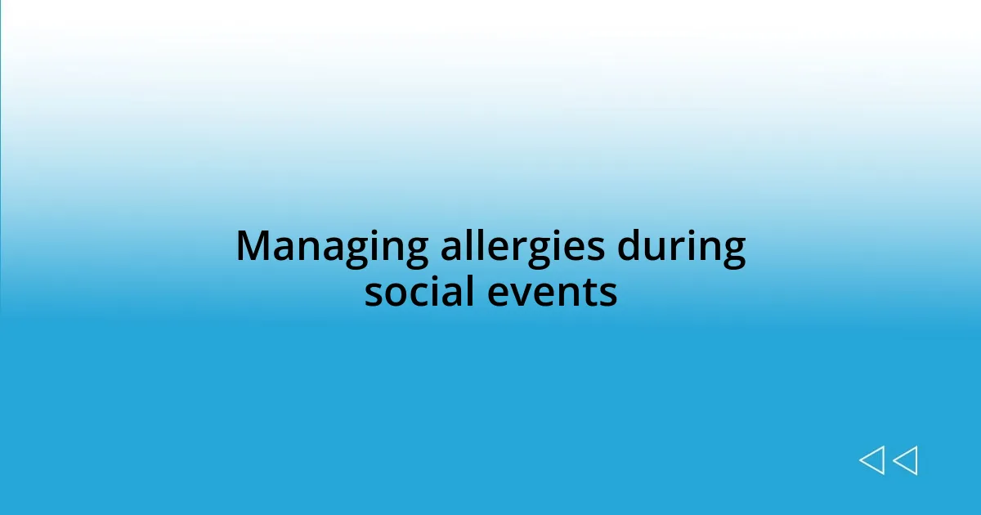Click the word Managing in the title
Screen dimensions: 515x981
click(x=331, y=247)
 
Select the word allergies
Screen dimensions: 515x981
click(x=523, y=247)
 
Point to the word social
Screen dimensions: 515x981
click(x=420, y=292)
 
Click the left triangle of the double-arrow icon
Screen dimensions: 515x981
click(x=871, y=461)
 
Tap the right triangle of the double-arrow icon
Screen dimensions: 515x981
click(x=905, y=461)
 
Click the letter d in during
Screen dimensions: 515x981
click(x=629, y=245)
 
